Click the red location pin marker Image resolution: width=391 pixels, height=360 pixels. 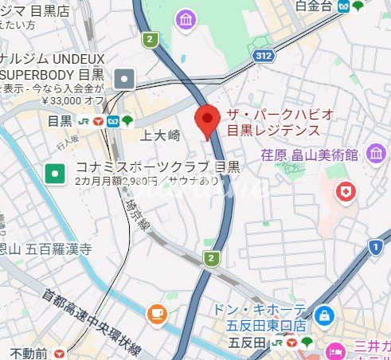[x=208, y=119]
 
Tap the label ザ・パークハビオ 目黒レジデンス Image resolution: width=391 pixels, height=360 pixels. [x=274, y=122]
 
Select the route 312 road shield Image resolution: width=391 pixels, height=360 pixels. [x=264, y=55]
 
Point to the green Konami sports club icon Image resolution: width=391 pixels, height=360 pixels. [x=55, y=170]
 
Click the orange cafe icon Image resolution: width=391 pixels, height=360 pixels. [x=157, y=311]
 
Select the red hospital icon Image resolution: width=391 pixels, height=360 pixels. [x=345, y=192]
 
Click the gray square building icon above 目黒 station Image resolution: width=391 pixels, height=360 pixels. [x=125, y=78]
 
